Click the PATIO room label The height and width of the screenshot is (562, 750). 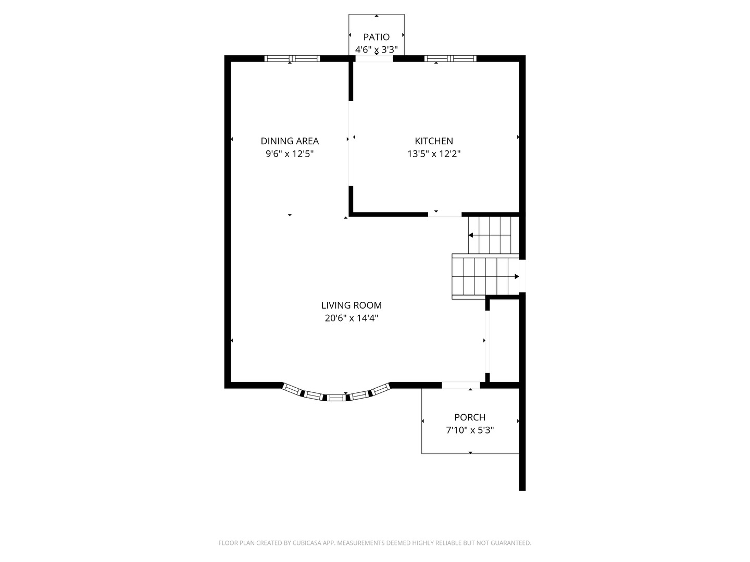pyautogui.click(x=376, y=37)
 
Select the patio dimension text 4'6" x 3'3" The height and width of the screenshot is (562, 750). pyautogui.click(x=376, y=50)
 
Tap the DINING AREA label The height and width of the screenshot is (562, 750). pyautogui.click(x=290, y=140)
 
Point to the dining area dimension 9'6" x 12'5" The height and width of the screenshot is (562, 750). pyautogui.click(x=290, y=154)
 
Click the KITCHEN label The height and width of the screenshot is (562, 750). pyautogui.click(x=434, y=140)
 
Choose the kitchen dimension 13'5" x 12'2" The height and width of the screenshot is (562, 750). pyautogui.click(x=434, y=154)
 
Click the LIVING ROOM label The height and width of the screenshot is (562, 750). pyautogui.click(x=351, y=305)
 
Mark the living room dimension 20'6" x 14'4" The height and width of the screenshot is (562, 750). pyautogui.click(x=351, y=318)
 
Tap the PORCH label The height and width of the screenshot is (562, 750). pyautogui.click(x=470, y=417)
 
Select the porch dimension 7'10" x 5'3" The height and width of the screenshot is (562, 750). pyautogui.click(x=470, y=430)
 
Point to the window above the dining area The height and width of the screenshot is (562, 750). pyautogui.click(x=292, y=58)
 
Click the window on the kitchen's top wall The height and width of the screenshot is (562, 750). pyautogui.click(x=451, y=58)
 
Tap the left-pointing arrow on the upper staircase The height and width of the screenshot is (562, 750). pyautogui.click(x=471, y=235)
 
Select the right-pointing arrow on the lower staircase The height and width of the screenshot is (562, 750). pyautogui.click(x=517, y=276)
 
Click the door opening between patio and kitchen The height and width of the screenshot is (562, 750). pyautogui.click(x=374, y=59)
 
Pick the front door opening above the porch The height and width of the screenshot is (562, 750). pyautogui.click(x=461, y=385)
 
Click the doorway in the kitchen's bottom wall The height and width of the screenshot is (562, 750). pyautogui.click(x=445, y=214)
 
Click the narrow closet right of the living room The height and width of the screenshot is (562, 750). pyautogui.click(x=504, y=341)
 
